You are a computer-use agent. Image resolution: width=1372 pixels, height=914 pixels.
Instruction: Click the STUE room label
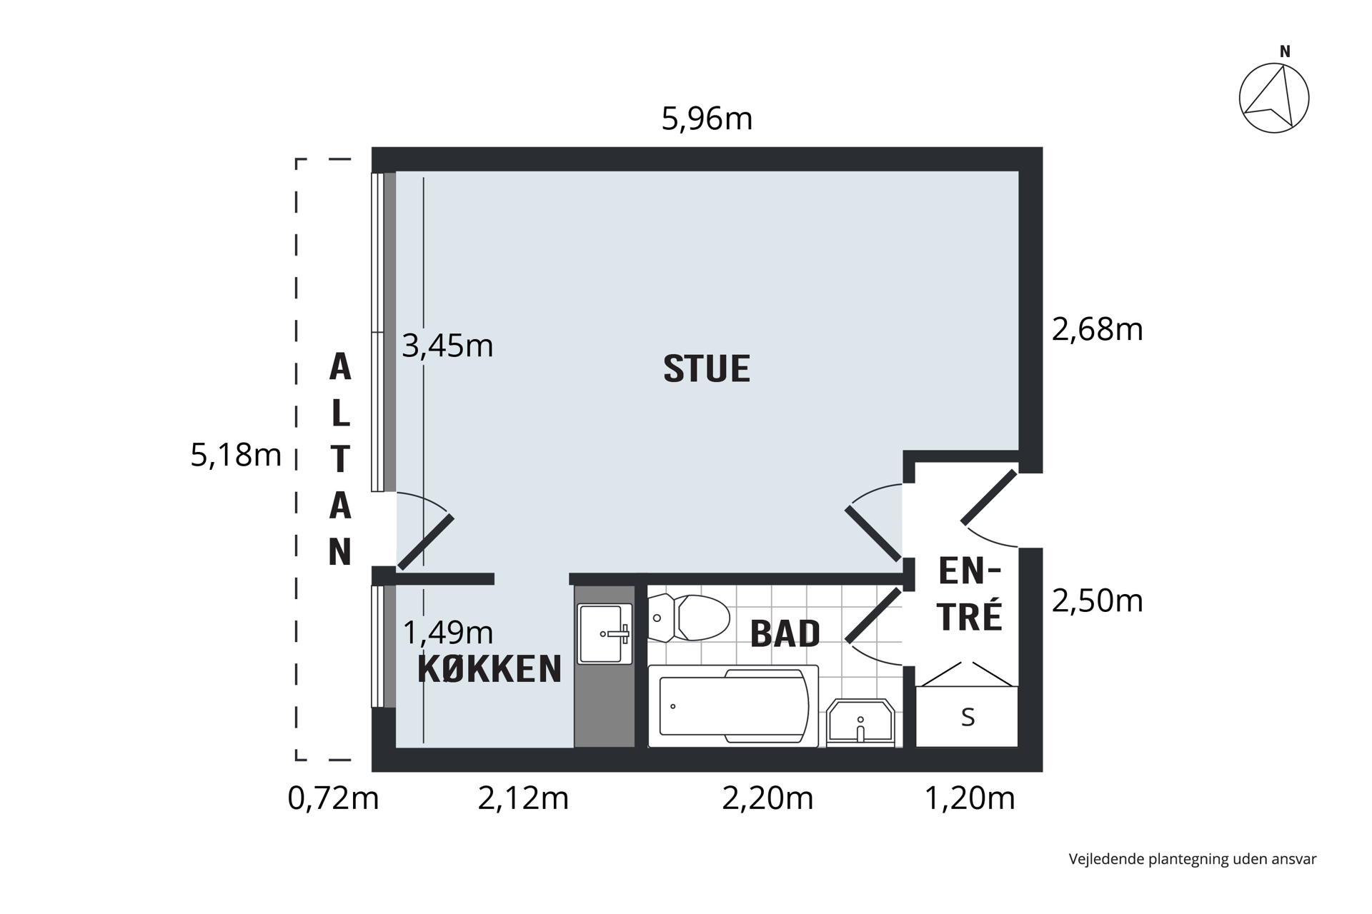pos(707,368)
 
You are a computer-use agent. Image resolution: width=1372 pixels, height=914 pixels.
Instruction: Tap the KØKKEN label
pos(489,669)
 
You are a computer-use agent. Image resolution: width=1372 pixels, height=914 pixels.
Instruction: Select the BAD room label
pos(785,633)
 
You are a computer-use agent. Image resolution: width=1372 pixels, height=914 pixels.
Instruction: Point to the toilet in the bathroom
pos(689,618)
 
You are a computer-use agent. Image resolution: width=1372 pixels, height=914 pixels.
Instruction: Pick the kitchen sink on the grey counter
pos(605,634)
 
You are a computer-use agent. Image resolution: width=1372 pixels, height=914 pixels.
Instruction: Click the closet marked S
pos(967,716)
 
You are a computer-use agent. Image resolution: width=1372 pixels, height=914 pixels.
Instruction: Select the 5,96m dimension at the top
pos(707,119)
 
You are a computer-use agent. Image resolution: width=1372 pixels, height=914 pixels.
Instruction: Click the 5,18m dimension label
pos(236,455)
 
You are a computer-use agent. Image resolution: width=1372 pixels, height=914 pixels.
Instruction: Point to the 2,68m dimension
pos(1098,329)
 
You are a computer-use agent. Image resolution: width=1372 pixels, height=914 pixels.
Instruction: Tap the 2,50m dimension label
pos(1098,601)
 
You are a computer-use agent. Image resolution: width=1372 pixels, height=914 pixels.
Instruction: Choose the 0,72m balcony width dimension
pos(333,798)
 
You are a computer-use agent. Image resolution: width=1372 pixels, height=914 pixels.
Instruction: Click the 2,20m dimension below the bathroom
pos(767,798)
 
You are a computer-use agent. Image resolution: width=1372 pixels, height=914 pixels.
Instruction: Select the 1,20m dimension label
pos(970,798)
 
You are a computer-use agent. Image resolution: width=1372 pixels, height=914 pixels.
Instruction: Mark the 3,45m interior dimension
pos(447,346)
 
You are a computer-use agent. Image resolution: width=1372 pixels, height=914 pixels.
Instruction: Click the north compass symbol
pos(1274,99)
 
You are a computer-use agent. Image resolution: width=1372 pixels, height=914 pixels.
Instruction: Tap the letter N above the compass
pos(1285,51)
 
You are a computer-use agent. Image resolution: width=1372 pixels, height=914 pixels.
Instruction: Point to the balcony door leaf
pos(426,542)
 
